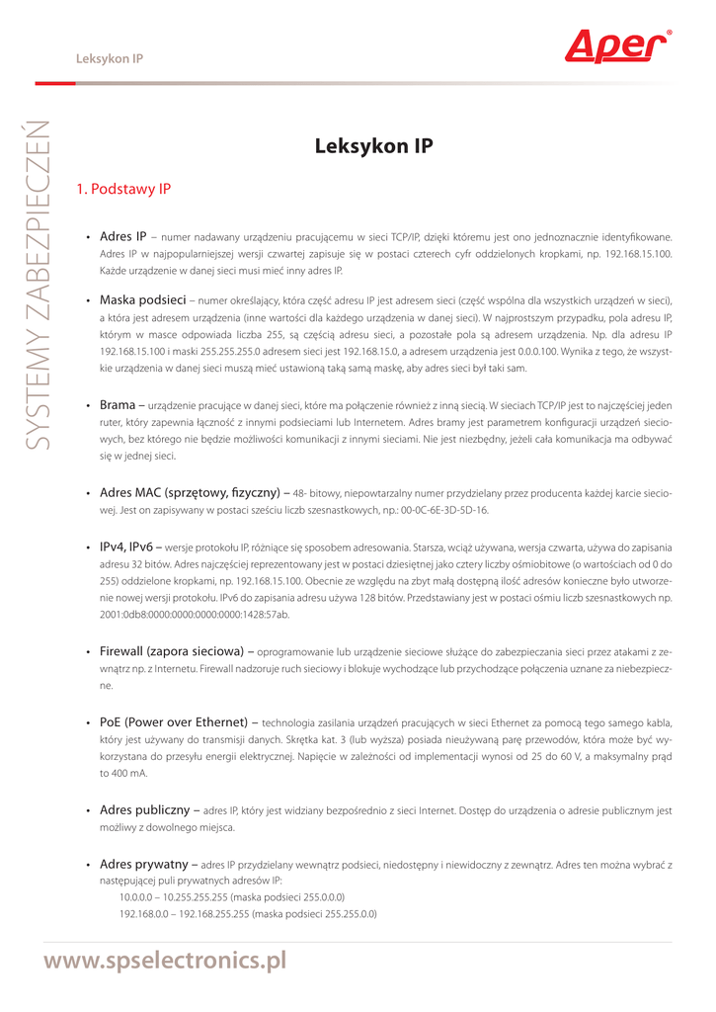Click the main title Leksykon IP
pyautogui.click(x=373, y=146)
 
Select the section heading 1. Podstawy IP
pyautogui.click(x=123, y=188)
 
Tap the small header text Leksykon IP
pyautogui.click(x=110, y=58)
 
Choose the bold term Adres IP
pyautogui.click(x=122, y=236)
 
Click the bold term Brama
pyautogui.click(x=120, y=404)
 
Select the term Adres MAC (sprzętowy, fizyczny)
pyautogui.click(x=192, y=492)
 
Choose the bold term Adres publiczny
pyautogui.click(x=147, y=808)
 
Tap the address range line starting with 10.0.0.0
pyautogui.click(x=231, y=897)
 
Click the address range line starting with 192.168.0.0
pyautogui.click(x=247, y=914)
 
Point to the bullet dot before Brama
pyautogui.click(x=89, y=405)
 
